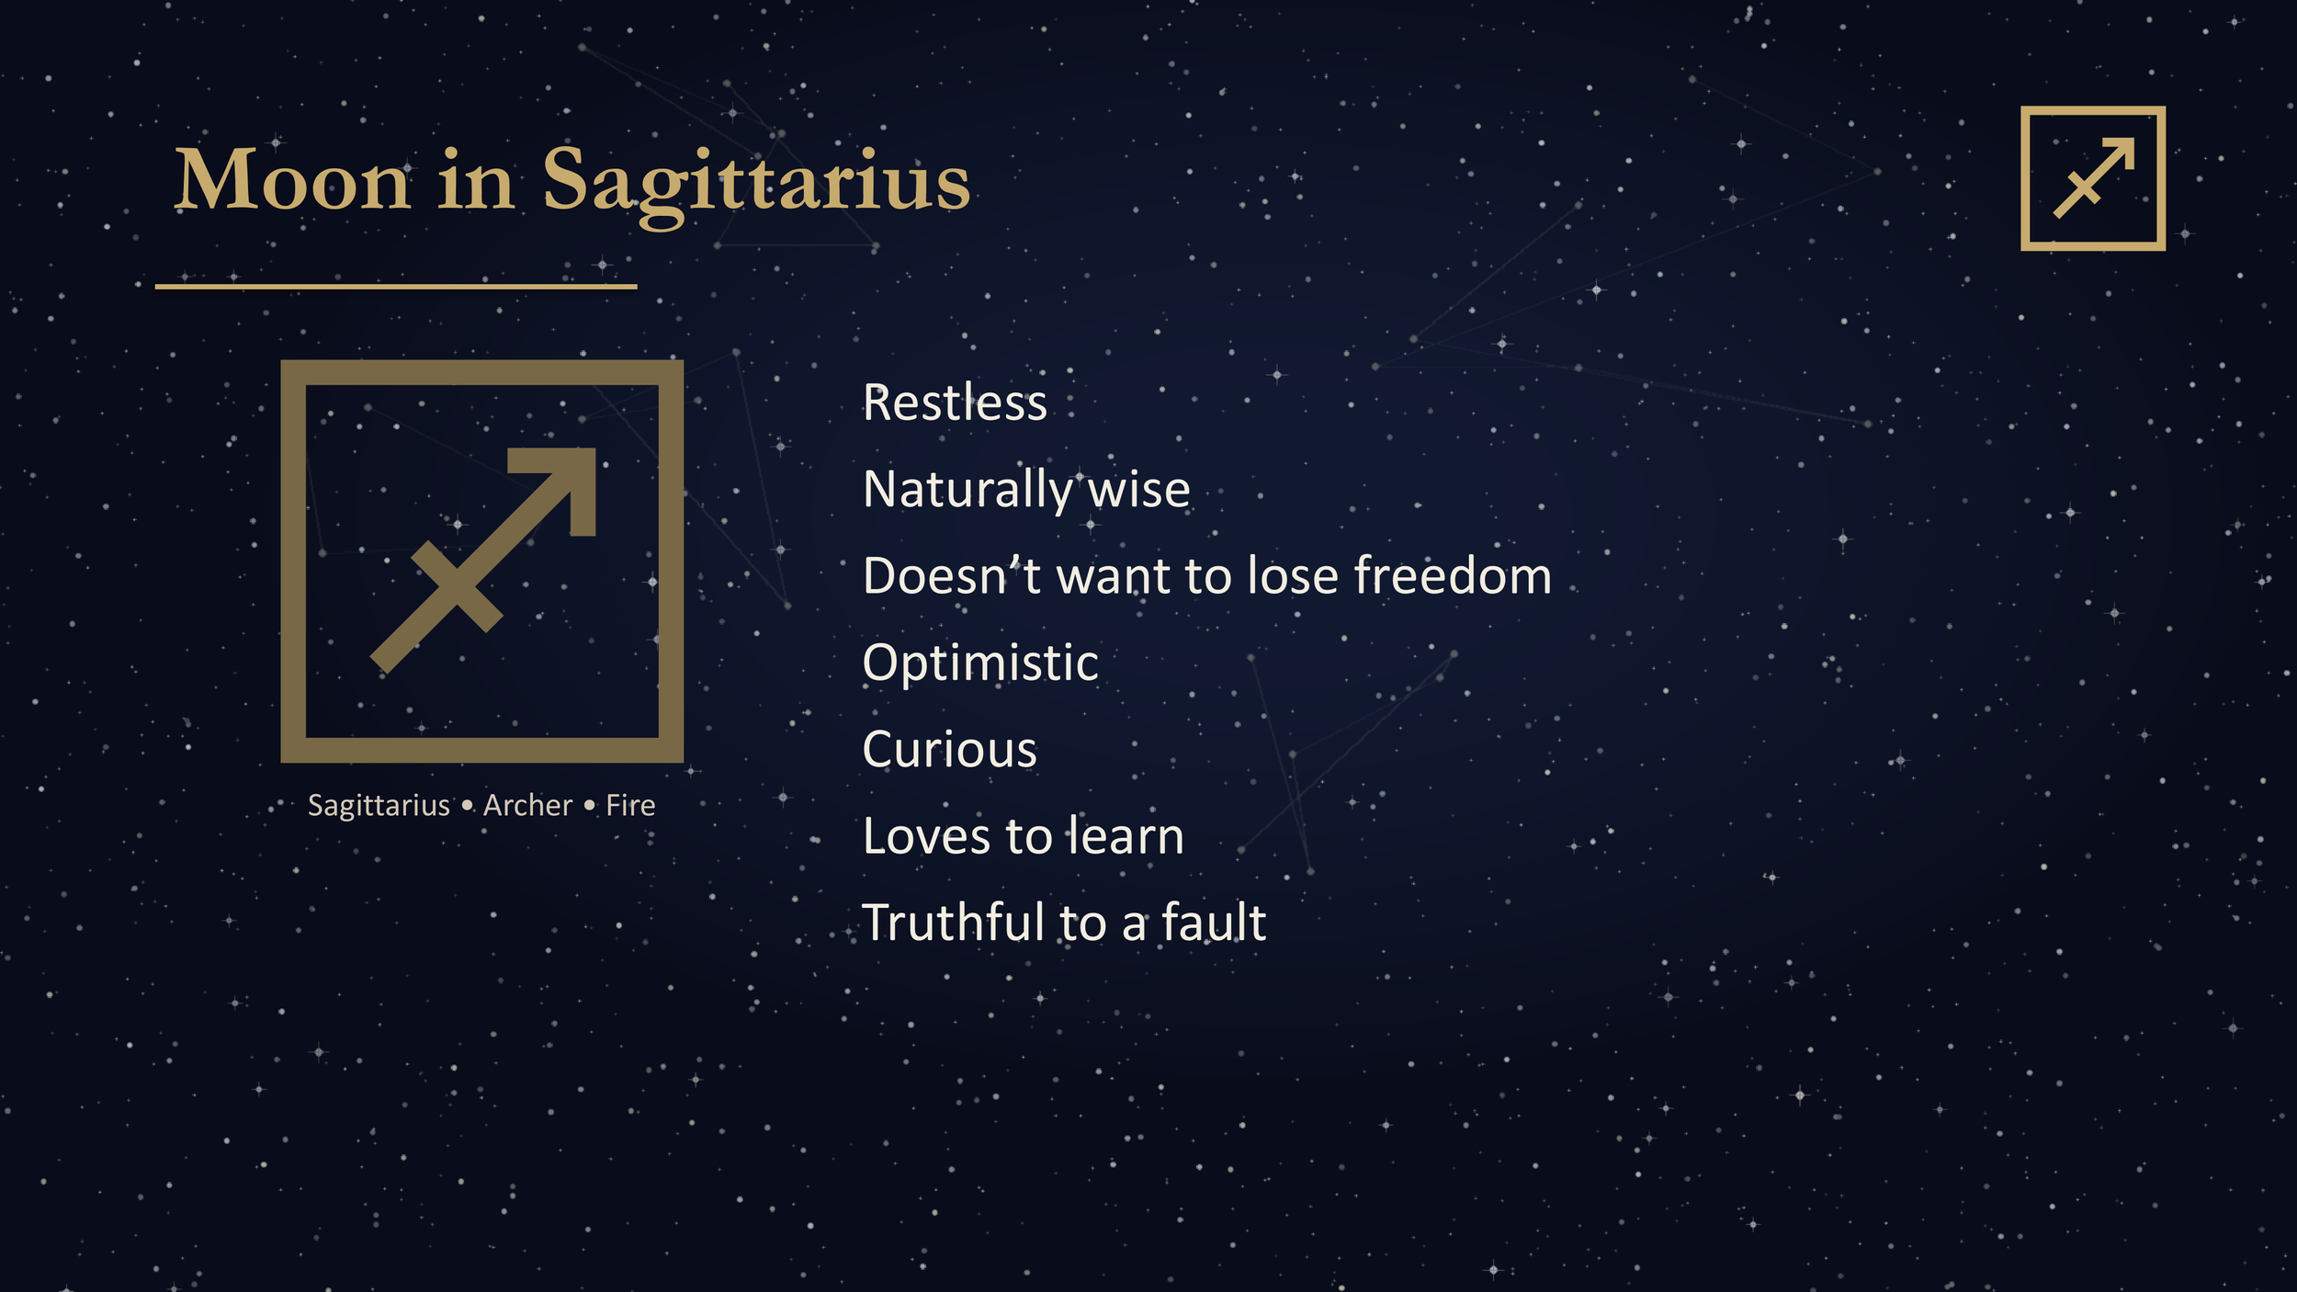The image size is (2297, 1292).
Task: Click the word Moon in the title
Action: [291, 181]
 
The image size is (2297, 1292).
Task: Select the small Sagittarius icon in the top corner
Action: [2092, 178]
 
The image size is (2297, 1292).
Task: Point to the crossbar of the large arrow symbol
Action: [457, 585]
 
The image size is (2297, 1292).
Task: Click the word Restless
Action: [955, 403]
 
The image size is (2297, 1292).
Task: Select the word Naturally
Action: [967, 490]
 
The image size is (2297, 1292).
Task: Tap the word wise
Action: [1139, 490]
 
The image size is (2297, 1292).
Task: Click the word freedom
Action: [1452, 577]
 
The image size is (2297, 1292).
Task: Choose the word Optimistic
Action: [980, 663]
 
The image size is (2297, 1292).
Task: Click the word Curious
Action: [949, 750]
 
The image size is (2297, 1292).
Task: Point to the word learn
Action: [1125, 837]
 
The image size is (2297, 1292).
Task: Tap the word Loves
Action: [927, 837]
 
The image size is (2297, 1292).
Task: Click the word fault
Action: [1214, 924]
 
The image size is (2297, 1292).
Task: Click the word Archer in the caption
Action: [527, 806]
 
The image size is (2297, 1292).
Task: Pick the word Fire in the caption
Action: [630, 806]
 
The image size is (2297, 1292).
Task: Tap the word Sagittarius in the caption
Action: [379, 806]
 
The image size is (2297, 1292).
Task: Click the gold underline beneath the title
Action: [395, 287]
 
